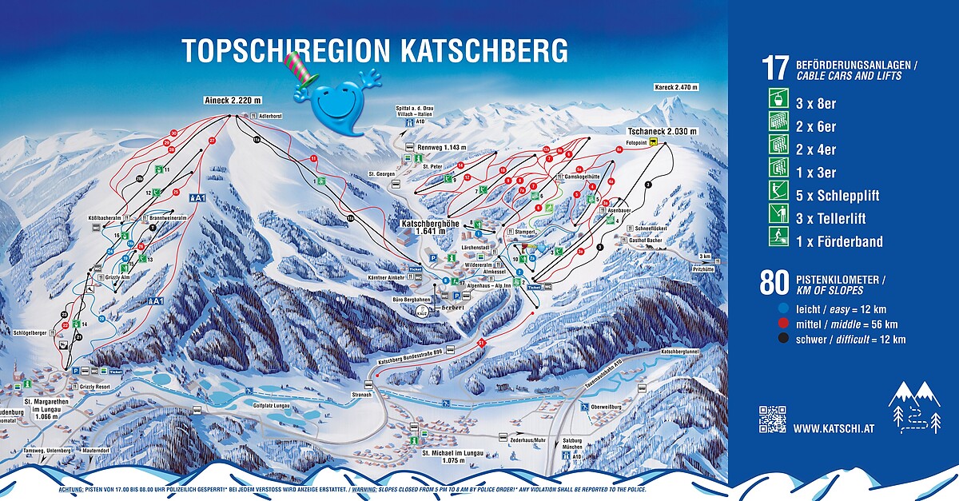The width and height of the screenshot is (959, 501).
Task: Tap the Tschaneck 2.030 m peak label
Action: coord(662,130)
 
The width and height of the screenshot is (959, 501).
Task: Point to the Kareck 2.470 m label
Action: coord(676,87)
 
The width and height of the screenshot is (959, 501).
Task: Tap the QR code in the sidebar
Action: coord(772,419)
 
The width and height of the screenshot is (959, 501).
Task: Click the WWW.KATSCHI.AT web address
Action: coord(834,428)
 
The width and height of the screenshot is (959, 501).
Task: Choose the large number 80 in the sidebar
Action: coord(774,283)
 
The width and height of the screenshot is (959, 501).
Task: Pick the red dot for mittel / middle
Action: coord(784,324)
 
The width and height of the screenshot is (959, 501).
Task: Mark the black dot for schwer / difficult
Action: coord(784,340)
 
